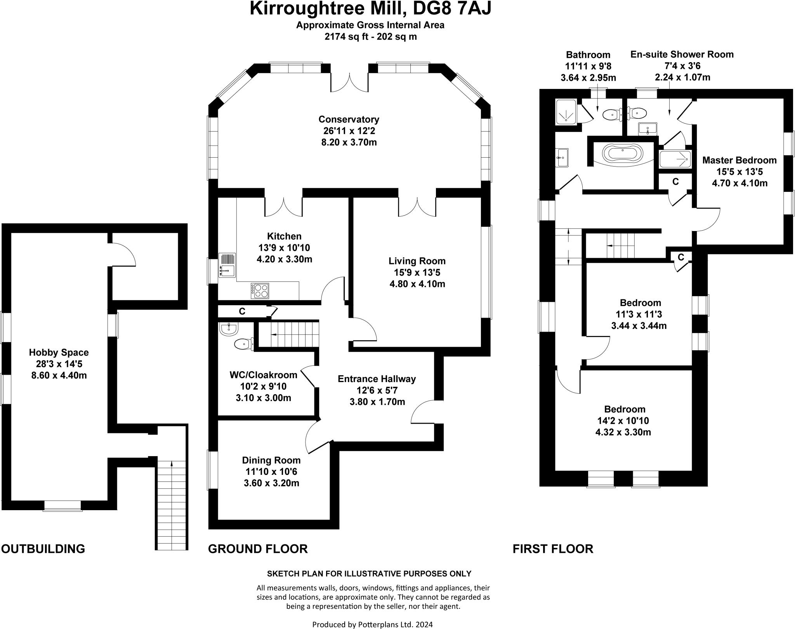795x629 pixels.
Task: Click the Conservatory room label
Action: pyautogui.click(x=349, y=119)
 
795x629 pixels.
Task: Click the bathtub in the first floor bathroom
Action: pyautogui.click(x=623, y=154)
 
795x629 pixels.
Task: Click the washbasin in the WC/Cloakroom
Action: pyautogui.click(x=228, y=329)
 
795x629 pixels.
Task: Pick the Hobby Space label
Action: pyautogui.click(x=59, y=353)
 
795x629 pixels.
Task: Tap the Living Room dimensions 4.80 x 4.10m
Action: pyautogui.click(x=417, y=284)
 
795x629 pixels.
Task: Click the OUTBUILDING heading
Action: pyautogui.click(x=43, y=549)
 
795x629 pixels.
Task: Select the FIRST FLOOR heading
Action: pyautogui.click(x=553, y=549)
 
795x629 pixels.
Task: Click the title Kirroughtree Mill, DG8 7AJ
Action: pyautogui.click(x=370, y=9)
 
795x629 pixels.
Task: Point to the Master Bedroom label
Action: pyautogui.click(x=739, y=160)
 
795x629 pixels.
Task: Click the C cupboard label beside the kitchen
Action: pyautogui.click(x=242, y=311)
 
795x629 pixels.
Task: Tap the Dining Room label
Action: pyautogui.click(x=271, y=460)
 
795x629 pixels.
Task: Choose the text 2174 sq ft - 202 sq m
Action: pyautogui.click(x=370, y=37)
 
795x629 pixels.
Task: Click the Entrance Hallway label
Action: pyautogui.click(x=377, y=379)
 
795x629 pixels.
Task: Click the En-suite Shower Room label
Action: pyautogui.click(x=682, y=54)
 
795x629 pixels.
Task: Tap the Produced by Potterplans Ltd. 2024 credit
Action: pyautogui.click(x=372, y=624)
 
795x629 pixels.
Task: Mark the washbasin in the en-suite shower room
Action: pyautogui.click(x=647, y=129)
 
